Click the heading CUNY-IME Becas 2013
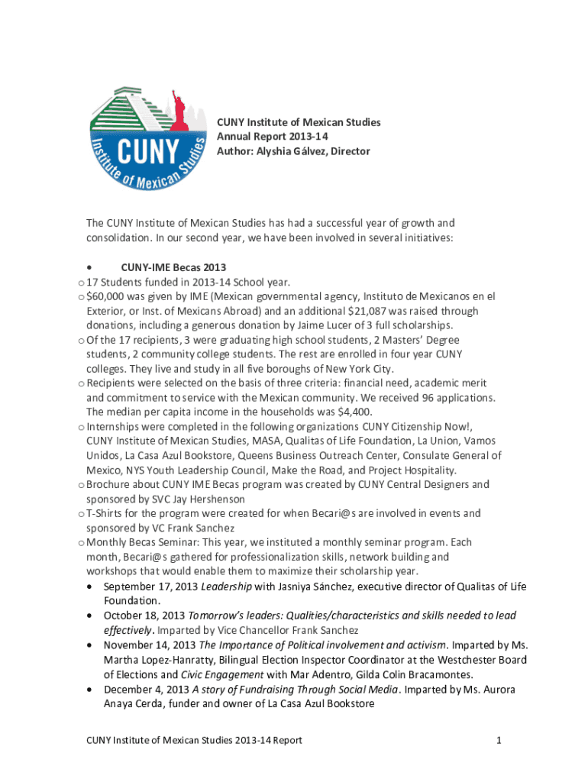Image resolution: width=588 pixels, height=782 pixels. [173, 267]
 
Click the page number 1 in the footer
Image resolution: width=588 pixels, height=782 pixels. [498, 740]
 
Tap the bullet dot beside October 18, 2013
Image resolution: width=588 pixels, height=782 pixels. [92, 616]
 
